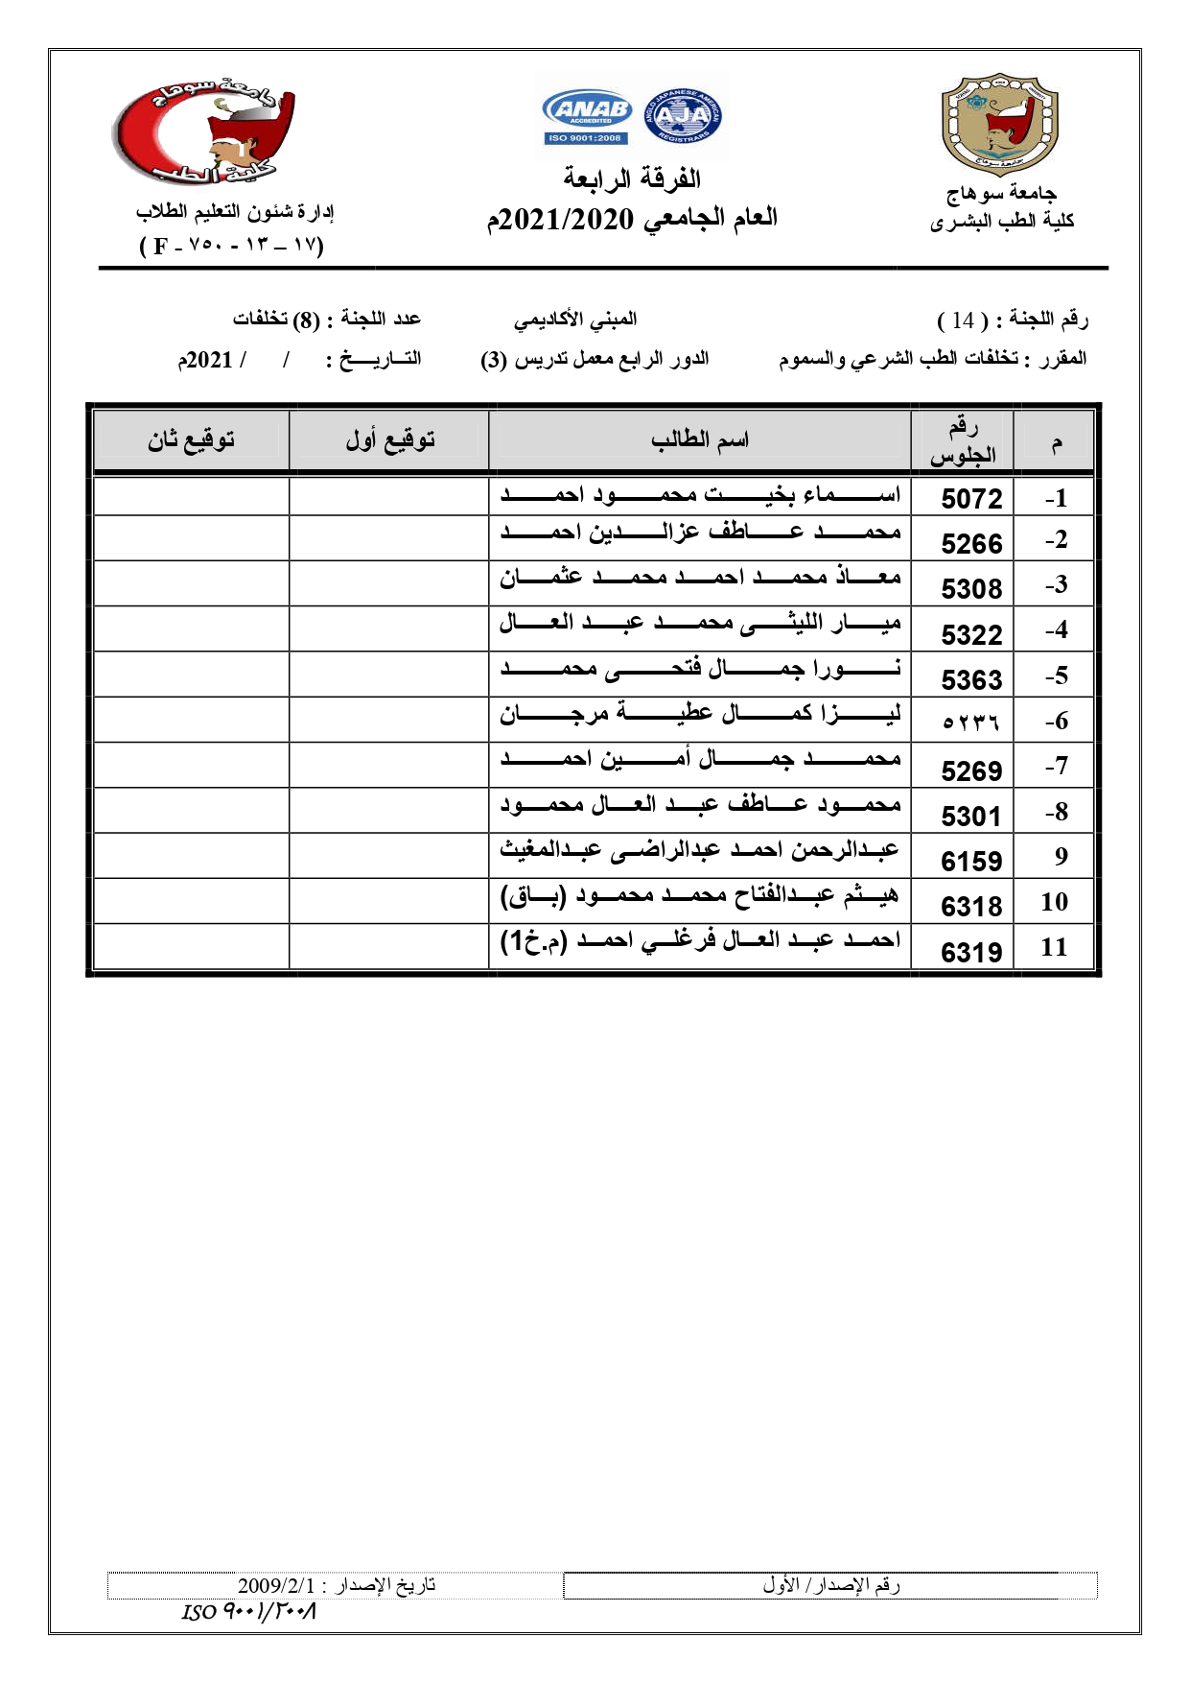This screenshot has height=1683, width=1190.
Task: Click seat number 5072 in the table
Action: coord(970,499)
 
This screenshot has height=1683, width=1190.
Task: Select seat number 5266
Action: coord(970,544)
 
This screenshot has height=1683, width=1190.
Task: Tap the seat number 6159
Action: coord(970,862)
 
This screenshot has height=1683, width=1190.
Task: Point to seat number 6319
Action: coord(970,952)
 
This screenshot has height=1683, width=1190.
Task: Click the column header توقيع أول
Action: coord(389,440)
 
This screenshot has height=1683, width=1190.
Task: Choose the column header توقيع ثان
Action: coord(191,440)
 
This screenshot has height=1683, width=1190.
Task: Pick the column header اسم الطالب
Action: coord(699,440)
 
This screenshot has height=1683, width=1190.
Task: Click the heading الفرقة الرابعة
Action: coord(631,179)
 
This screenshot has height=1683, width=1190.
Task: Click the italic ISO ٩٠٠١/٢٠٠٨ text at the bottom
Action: coord(249,1611)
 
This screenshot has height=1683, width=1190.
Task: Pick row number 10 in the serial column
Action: coord(1054,902)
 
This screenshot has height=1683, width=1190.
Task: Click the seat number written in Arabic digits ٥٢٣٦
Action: coord(970,723)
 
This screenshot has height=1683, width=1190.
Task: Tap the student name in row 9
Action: coord(699,850)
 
